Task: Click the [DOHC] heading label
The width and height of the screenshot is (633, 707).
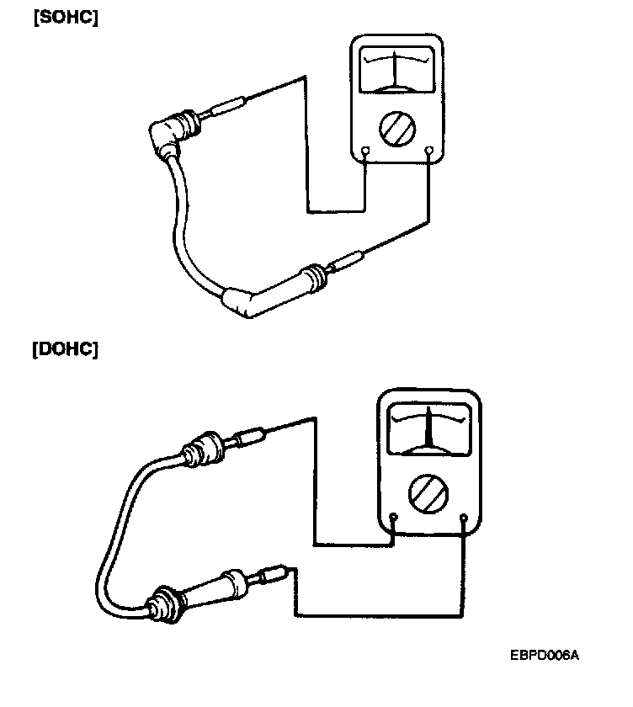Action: coord(65,348)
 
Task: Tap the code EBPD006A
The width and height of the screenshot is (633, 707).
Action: coord(545,654)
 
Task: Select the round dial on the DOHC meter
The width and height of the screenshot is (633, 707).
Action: coord(428,491)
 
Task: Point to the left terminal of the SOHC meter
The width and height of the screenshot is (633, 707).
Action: coord(364,152)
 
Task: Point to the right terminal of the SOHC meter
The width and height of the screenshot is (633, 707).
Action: coord(429,152)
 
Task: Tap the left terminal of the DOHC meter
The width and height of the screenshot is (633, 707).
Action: coord(394,516)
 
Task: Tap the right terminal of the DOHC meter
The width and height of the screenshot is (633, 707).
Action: coord(465,516)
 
